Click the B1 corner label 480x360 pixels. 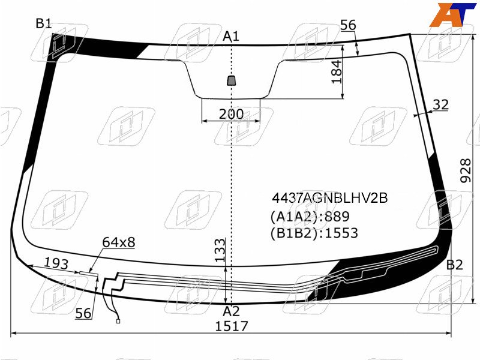pos(44,23)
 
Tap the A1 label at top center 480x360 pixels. pos(231,36)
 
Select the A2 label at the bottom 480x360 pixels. pos(231,311)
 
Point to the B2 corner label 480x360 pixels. pos(455,265)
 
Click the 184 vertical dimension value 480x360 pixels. pos(337,71)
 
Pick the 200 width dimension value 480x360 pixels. pos(232,114)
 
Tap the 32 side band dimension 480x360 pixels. pos(440,104)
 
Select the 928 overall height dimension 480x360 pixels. pos(466,170)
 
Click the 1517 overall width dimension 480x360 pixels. pos(232,326)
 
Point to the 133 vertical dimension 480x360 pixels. pos(220,250)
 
